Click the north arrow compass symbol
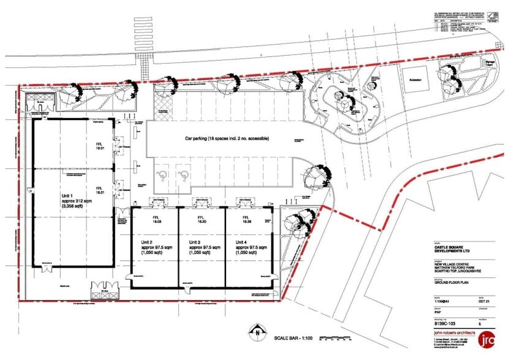click(260, 334)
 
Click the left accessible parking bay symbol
click(163, 176)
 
